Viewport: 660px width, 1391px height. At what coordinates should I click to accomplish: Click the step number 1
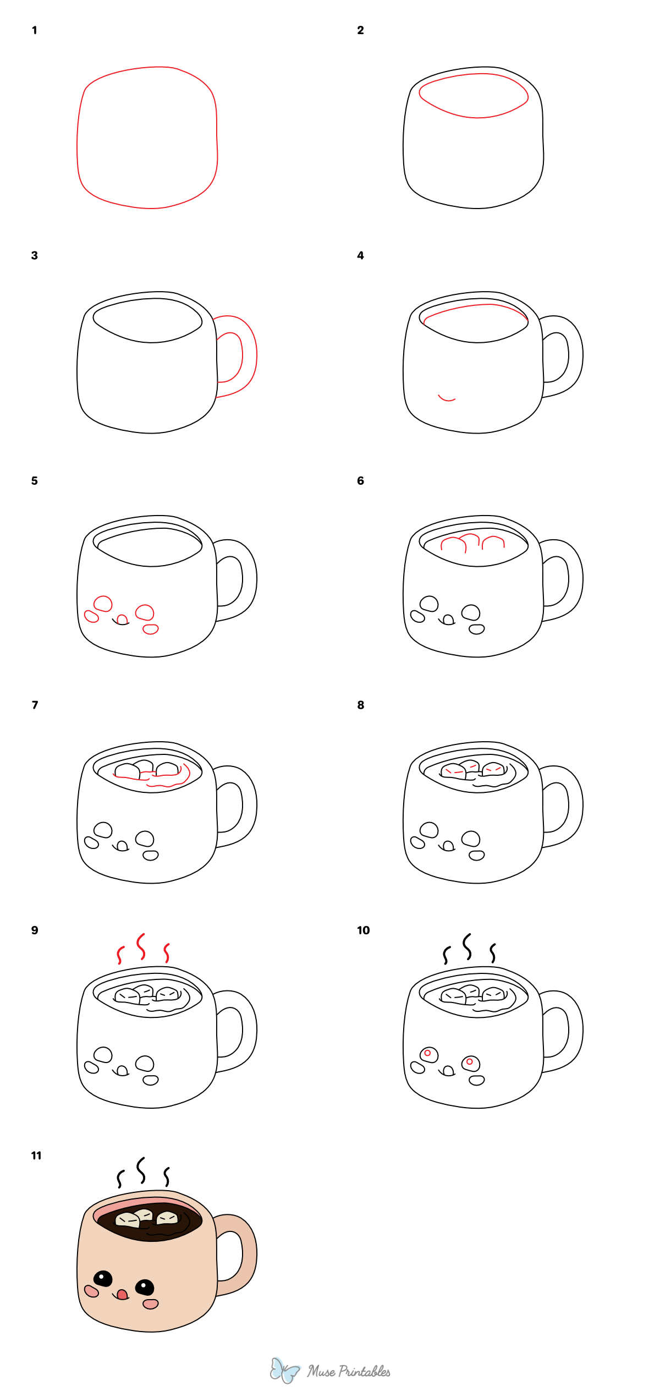35,30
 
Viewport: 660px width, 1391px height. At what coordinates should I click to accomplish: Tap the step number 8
361,705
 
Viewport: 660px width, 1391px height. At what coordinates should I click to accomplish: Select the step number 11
36,1155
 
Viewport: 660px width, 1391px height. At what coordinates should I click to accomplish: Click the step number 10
364,930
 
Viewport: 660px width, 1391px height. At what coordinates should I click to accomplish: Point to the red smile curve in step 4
447,398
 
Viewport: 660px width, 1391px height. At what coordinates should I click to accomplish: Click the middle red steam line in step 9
141,946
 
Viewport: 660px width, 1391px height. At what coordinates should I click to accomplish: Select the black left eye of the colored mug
103,1278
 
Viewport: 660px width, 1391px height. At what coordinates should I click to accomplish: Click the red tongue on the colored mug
123,1294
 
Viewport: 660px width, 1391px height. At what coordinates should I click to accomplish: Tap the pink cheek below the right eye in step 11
151,1304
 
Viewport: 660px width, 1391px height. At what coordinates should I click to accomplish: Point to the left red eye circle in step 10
427,1053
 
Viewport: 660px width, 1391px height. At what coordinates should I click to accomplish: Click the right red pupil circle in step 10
470,1061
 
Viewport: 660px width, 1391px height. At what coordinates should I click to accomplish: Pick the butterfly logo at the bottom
284,1370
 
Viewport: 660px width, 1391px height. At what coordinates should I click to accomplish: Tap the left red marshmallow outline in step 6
454,544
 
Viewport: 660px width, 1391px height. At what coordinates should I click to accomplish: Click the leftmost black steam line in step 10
447,955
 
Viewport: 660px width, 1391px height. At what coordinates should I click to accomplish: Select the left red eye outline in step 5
103,604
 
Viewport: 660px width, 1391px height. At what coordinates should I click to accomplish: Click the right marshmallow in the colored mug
168,1218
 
